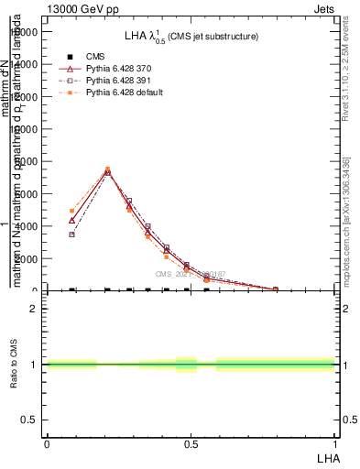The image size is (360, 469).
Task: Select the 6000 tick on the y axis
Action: pyautogui.click(x=27, y=194)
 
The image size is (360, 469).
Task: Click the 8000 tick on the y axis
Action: pyautogui.click(x=27, y=162)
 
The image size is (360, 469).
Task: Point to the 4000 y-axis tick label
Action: pyautogui.click(x=27, y=226)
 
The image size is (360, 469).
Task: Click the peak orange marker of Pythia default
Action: pyautogui.click(x=107, y=169)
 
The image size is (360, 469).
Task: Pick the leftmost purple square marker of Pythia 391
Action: pyautogui.click(x=72, y=234)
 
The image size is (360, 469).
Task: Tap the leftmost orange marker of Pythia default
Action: pyautogui.click(x=72, y=211)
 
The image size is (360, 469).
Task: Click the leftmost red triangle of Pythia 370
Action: pyautogui.click(x=72, y=220)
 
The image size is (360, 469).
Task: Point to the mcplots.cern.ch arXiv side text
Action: pyautogui.click(x=345, y=229)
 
